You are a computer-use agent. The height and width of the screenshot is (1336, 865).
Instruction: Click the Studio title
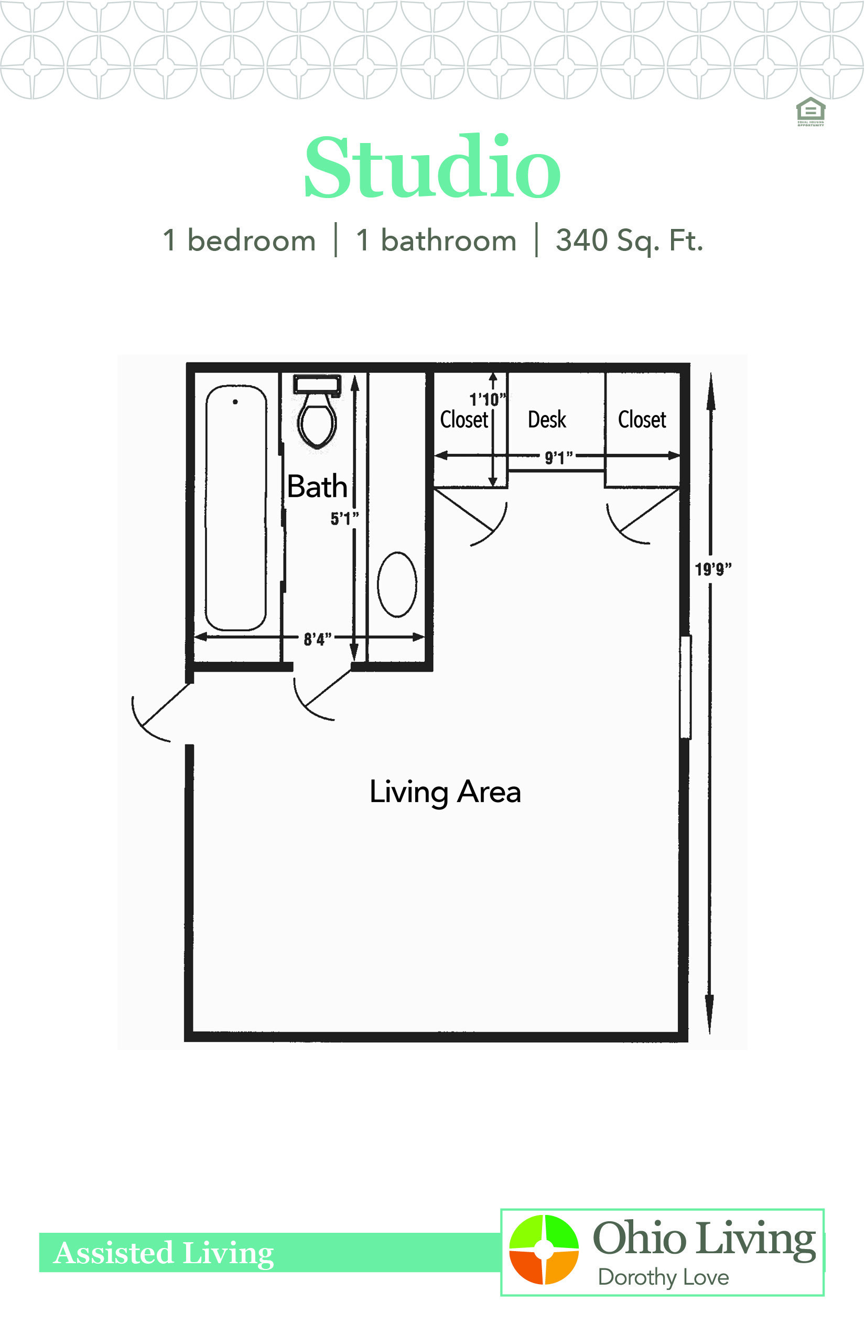(433, 167)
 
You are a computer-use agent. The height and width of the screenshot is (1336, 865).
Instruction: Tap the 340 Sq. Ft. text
(629, 241)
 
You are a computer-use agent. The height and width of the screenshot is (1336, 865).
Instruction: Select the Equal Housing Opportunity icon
(810, 112)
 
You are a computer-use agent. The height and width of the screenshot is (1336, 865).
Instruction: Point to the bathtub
(236, 508)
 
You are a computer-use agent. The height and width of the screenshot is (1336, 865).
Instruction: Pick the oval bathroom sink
(397, 584)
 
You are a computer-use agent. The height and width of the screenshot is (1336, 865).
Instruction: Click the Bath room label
(317, 486)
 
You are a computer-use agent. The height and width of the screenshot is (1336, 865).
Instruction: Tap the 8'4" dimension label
(317, 639)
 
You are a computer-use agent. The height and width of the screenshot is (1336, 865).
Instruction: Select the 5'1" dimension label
(344, 518)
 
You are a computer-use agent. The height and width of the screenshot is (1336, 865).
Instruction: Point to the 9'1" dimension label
(559, 457)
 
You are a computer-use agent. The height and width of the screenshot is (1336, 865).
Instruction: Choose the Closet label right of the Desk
(642, 419)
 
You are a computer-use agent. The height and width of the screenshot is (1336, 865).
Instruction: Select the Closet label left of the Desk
(464, 419)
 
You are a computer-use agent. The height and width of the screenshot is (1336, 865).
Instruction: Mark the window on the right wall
(685, 686)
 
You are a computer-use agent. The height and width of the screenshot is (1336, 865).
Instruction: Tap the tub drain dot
(235, 401)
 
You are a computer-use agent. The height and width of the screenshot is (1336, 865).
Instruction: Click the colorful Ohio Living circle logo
(544, 1250)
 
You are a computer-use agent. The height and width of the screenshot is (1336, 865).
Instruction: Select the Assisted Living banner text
(164, 1253)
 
